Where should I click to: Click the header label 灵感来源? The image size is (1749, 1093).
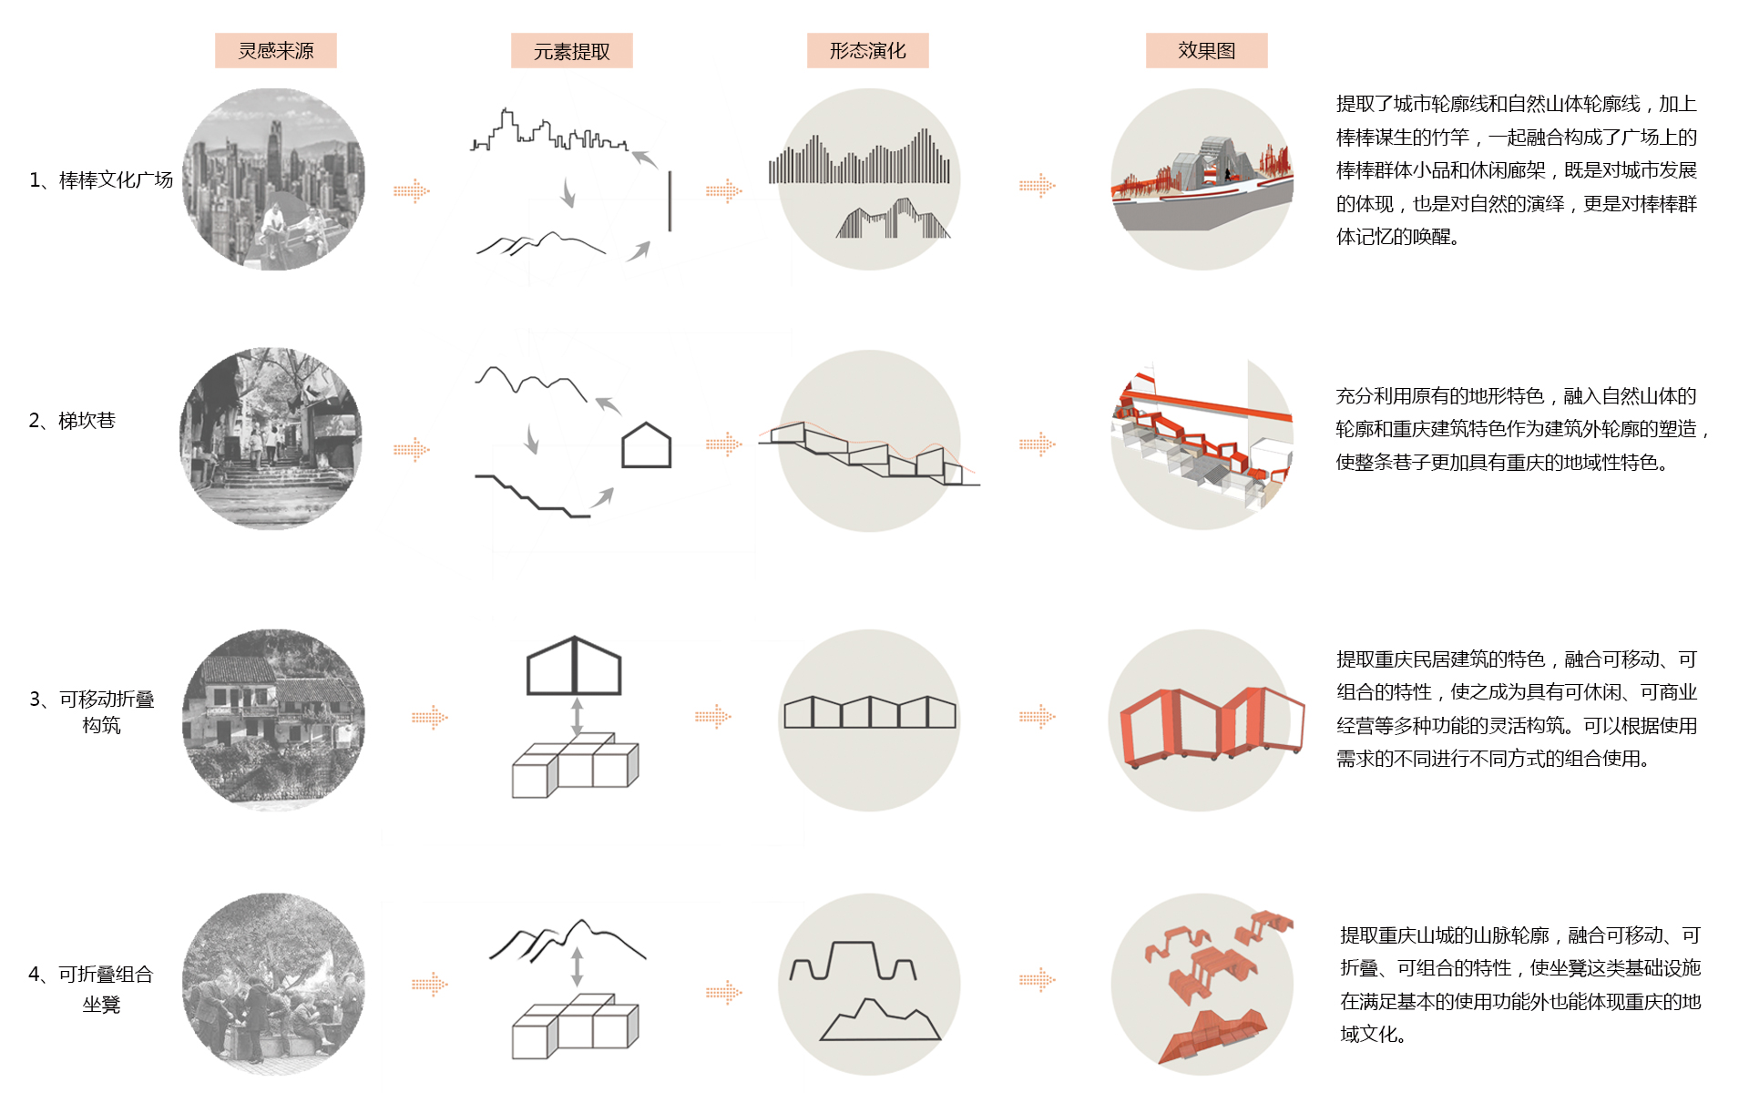point(275,51)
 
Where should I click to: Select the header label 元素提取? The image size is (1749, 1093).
point(571,51)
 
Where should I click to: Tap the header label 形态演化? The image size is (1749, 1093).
point(867,51)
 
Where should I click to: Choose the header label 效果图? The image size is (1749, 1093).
point(1206,51)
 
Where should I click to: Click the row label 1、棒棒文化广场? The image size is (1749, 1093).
point(100,180)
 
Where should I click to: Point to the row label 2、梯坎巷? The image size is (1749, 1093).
point(72,421)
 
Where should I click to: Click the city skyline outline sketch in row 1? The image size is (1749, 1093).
point(547,133)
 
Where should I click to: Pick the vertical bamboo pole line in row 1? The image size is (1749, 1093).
point(670,200)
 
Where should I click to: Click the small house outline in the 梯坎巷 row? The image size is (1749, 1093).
point(646,445)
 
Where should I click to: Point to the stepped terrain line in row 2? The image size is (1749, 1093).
point(532,496)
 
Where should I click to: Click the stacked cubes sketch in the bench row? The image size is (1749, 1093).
point(576,1027)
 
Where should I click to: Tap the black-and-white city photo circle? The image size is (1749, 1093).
point(273,179)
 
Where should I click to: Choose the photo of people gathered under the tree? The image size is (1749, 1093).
point(273,984)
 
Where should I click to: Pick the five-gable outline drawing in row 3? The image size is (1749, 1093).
point(870,712)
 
